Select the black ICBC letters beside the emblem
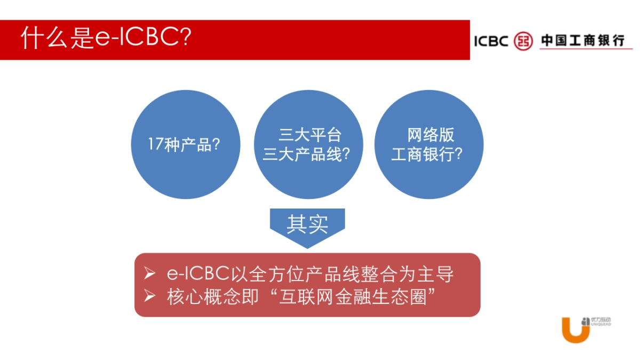pyautogui.click(x=491, y=41)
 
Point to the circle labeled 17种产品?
pyautogui.click(x=185, y=145)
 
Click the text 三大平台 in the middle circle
pyautogui.click(x=310, y=135)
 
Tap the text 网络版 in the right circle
pyautogui.click(x=430, y=135)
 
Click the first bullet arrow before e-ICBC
pyautogui.click(x=150, y=274)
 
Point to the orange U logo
pyautogui.click(x=575, y=331)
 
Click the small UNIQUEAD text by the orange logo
pyautogui.click(x=602, y=324)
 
